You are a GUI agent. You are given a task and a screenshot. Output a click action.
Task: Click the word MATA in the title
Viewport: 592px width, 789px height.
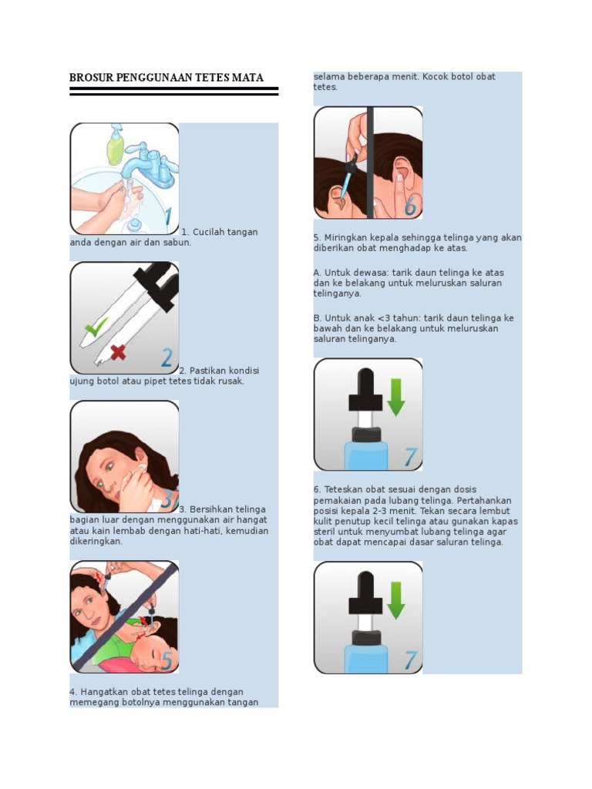pos(247,78)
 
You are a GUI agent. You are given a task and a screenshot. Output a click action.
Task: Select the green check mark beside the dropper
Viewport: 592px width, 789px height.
pos(96,327)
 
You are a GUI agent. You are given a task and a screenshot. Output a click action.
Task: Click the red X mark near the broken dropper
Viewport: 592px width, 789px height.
pos(118,352)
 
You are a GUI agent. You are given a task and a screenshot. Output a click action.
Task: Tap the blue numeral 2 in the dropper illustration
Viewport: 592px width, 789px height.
pos(166,358)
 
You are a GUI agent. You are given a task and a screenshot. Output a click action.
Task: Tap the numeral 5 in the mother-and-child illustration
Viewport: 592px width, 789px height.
pos(166,660)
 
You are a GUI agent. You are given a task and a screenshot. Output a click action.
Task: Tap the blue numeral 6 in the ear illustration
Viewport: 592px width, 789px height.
pos(410,206)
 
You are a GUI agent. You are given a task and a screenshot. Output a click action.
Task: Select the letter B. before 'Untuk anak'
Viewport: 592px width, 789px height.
pos(318,318)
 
